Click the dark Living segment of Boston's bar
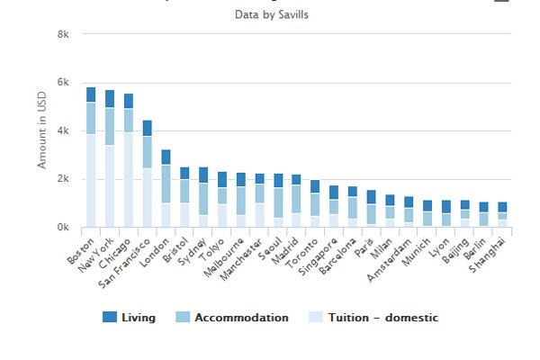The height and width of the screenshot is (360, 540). (91, 94)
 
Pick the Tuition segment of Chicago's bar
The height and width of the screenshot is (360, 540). (129, 180)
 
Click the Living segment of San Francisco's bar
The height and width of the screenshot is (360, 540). (148, 128)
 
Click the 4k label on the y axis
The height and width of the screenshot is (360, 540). (62, 131)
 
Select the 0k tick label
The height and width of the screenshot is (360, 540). (62, 229)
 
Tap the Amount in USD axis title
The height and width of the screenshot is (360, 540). (41, 131)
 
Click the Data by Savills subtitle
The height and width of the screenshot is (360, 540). (270, 14)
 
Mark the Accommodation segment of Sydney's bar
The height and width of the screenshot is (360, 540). (203, 199)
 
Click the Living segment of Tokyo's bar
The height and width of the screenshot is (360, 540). (222, 179)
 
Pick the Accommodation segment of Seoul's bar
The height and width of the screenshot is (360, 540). (278, 202)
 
